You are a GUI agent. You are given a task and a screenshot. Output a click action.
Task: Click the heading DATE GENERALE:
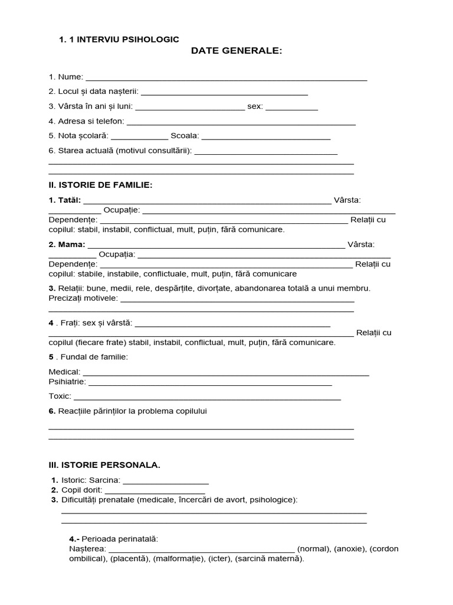click(x=237, y=51)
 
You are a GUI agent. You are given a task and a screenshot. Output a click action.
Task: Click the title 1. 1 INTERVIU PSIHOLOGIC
click(x=119, y=39)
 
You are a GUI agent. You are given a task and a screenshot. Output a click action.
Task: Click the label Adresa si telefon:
click(x=87, y=121)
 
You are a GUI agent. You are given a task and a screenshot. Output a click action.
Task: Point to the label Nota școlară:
click(x=87, y=135)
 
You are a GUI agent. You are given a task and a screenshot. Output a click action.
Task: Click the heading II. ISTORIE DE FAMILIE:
click(x=100, y=185)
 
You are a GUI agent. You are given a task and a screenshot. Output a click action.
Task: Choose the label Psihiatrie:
click(x=67, y=382)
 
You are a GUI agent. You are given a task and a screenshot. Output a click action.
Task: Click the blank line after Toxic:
click(x=207, y=398)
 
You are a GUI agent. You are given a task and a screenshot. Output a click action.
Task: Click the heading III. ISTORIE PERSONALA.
click(x=104, y=465)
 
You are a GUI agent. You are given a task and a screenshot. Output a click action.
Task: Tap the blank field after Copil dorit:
click(x=155, y=491)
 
